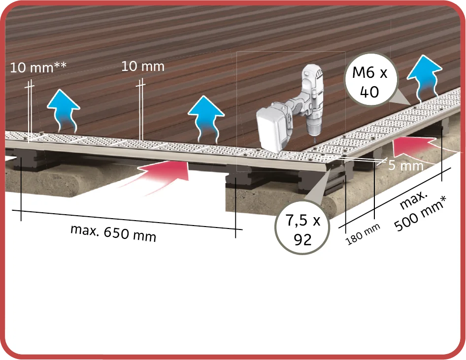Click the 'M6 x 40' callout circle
point(370,80)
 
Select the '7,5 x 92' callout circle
point(302,228)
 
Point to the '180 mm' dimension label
point(363,234)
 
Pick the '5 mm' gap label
point(405,165)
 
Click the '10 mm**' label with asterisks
point(38,67)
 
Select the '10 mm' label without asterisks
point(143,66)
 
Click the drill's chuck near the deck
point(314,130)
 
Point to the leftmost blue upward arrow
point(64,110)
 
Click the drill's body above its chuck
point(312,95)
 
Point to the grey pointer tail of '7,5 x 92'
point(320,187)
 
